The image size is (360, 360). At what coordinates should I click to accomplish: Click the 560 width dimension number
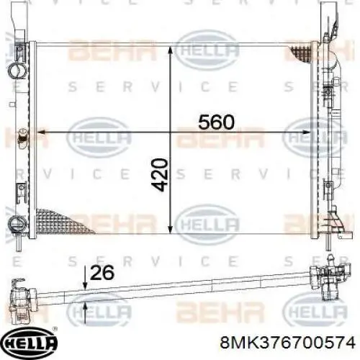(x=216, y=122)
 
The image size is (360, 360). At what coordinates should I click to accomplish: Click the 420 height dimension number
(x=159, y=175)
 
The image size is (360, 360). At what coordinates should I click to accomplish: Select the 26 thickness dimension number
(x=102, y=273)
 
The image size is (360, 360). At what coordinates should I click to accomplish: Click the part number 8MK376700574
(x=287, y=342)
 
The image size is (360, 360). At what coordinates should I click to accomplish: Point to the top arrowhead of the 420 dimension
(x=170, y=50)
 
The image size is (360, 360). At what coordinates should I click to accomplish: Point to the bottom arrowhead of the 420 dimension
(x=170, y=229)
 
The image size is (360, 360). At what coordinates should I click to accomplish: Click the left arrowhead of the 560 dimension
(x=41, y=132)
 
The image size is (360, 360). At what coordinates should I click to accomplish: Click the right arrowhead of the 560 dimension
(x=306, y=132)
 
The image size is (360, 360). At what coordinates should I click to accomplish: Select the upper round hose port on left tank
(x=17, y=71)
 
